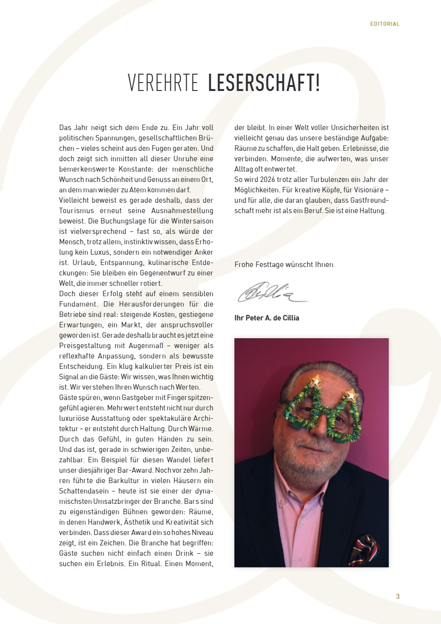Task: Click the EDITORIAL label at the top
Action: [x=385, y=24]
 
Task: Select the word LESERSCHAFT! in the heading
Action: [x=264, y=83]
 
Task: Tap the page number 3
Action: [x=397, y=596]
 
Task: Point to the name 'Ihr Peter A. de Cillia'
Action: [x=266, y=318]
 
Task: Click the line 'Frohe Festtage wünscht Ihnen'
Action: [x=284, y=265]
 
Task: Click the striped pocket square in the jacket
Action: [x=363, y=549]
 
